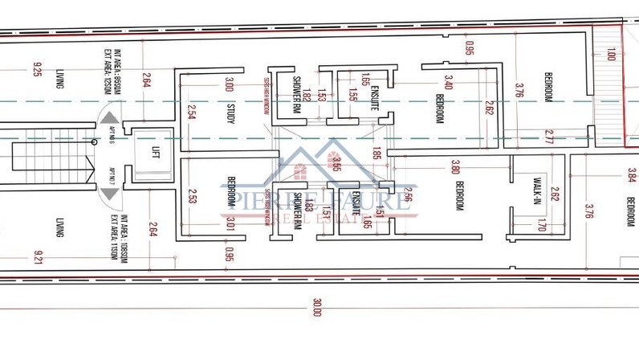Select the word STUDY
(x=230, y=112)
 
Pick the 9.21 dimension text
(x=37, y=259)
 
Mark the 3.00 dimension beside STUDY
(x=230, y=84)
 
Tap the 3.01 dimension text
(x=230, y=223)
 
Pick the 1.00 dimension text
(x=612, y=55)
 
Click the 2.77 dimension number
(x=548, y=136)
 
